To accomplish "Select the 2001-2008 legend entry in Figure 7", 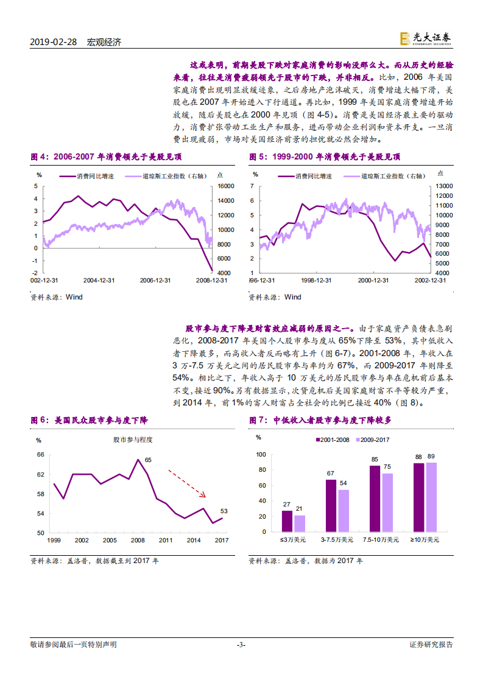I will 332,440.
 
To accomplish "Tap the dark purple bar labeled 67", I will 330,506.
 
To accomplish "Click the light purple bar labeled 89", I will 431,497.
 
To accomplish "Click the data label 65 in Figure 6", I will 148,460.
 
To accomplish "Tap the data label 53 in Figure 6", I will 224,511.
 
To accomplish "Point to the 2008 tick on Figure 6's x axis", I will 137,540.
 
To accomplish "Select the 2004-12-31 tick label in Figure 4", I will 98,281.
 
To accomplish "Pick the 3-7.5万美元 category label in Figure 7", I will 337,540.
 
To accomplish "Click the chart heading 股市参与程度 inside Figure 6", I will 132,440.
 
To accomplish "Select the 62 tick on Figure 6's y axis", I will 40,474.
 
